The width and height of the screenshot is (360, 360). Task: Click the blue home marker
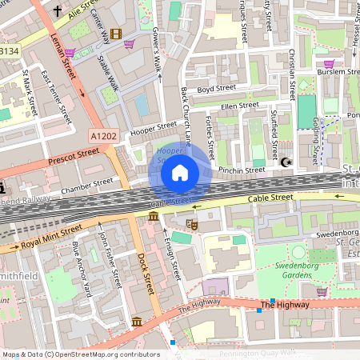tap(180, 172)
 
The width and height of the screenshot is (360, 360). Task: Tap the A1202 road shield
tap(102, 137)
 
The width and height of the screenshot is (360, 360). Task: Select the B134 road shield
tap(9, 51)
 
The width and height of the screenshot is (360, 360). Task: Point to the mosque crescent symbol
tap(287, 163)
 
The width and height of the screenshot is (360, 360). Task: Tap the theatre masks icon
tap(190, 226)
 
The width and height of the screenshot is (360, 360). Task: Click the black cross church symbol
tap(58, 11)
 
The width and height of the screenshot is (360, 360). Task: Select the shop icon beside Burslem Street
tap(328, 63)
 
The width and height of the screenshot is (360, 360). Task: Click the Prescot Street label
tap(71, 157)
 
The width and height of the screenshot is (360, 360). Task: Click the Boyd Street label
tap(216, 89)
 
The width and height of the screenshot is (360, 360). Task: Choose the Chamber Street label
tap(87, 186)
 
